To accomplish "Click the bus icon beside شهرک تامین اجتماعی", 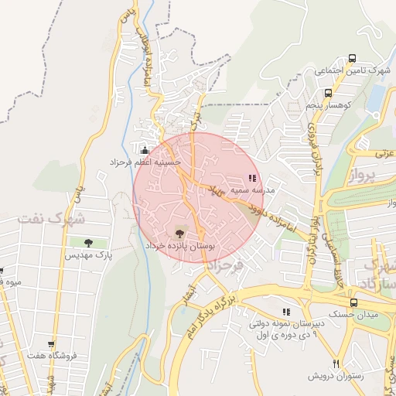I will (x=353, y=58).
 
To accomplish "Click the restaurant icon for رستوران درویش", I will (x=336, y=364).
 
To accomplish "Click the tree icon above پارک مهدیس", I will (x=87, y=243).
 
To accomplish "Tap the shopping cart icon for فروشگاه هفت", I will (x=52, y=344).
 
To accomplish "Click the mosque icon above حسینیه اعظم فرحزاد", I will (x=143, y=150).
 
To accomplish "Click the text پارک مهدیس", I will (x=88, y=254).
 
